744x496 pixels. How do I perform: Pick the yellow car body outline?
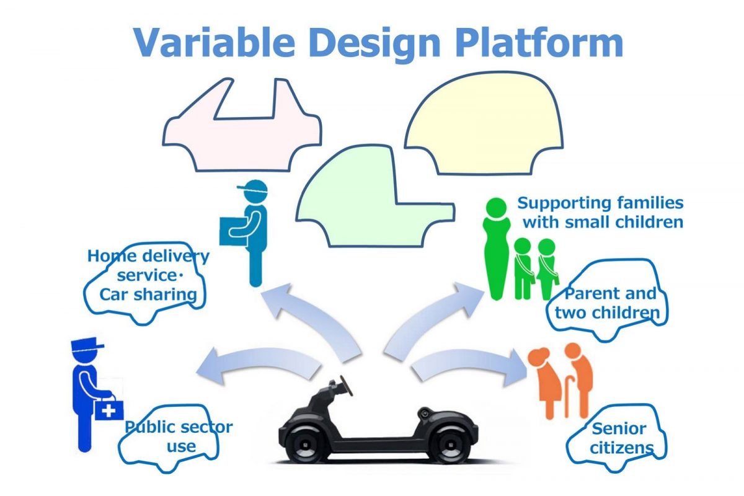[484, 124]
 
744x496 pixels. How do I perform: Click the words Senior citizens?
[619, 437]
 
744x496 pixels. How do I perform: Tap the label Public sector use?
[179, 436]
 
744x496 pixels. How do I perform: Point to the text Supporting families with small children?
[600, 212]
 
